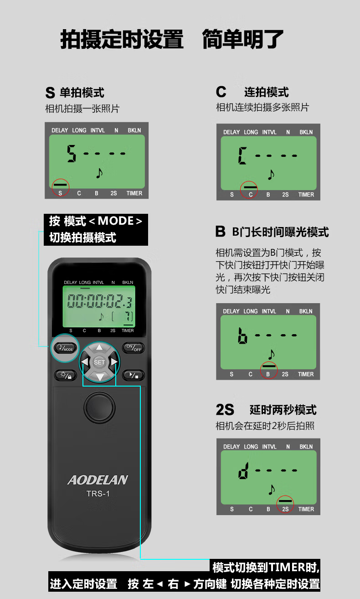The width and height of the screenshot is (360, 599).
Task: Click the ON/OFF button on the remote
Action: coord(134,348)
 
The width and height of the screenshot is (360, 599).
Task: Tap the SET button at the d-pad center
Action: coord(99,362)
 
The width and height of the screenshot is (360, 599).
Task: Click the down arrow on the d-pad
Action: coord(99,377)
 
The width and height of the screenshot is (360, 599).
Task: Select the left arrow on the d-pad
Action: coord(85,362)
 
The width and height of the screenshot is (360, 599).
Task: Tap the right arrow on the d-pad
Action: coord(114,362)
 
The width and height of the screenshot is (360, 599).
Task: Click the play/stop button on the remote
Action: coord(134,375)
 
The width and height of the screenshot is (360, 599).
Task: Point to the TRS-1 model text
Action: coord(98,494)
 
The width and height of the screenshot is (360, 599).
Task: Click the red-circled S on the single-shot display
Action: coord(60,193)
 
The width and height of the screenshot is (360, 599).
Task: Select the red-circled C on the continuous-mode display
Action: coord(251,195)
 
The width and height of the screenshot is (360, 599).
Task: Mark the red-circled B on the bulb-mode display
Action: coord(268,374)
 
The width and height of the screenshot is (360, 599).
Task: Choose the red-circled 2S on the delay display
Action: coord(285,509)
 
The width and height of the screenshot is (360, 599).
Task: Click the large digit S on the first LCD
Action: coord(72,154)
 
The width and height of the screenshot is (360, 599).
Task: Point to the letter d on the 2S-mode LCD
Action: coord(243,471)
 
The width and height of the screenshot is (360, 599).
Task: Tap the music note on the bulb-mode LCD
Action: coord(271,354)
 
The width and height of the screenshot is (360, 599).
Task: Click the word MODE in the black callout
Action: coord(116,221)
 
